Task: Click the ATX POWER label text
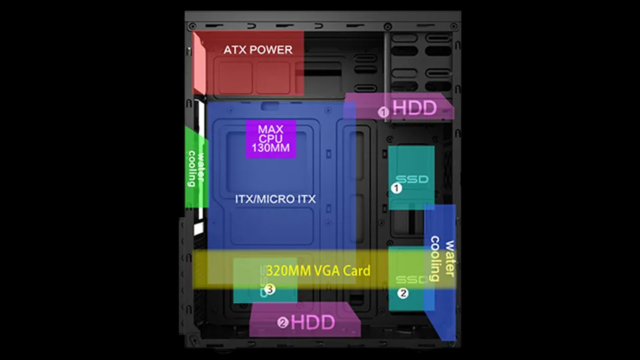pos(258,50)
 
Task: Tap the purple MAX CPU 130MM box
pos(271,139)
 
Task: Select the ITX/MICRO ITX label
pos(275,199)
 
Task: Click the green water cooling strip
pos(196,167)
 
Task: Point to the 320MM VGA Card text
pos(318,271)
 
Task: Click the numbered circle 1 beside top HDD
pos(383,112)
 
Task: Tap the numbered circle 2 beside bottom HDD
pos(283,323)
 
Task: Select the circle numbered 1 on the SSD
pos(396,188)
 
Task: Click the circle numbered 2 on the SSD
pos(403,293)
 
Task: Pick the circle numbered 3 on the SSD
pos(269,289)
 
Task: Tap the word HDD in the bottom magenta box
pos(313,323)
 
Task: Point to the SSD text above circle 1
pos(412,179)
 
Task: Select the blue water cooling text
pos(443,259)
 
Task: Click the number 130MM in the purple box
pos(271,148)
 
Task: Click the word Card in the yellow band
pos(356,271)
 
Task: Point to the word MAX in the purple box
pos(271,129)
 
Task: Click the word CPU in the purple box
pos(271,139)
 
